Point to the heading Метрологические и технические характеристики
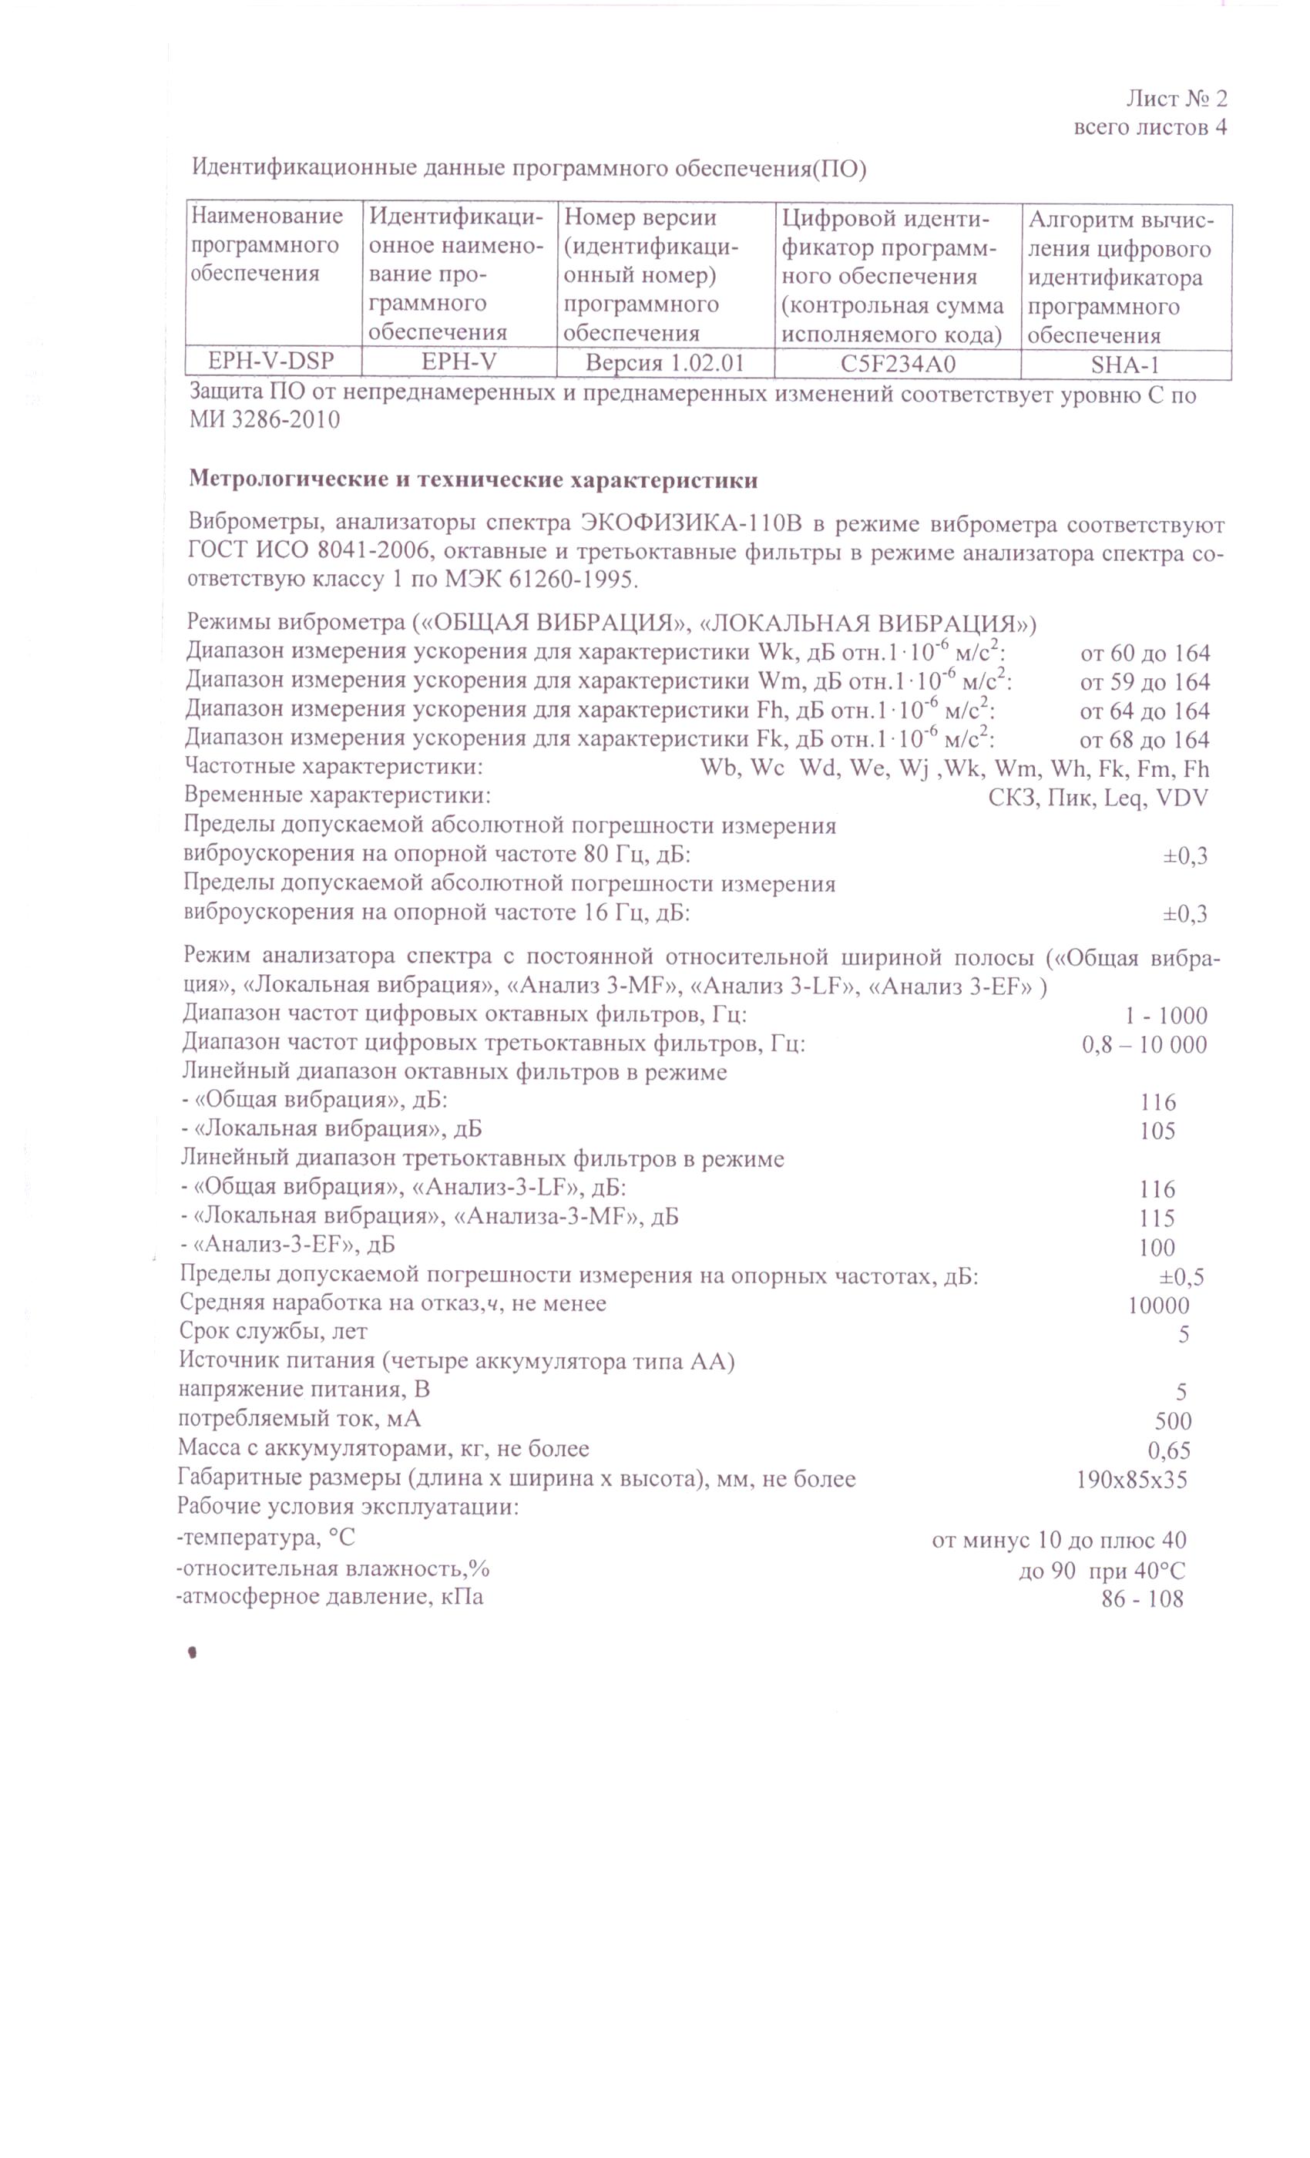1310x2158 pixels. click(473, 480)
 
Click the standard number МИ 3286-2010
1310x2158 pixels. click(264, 420)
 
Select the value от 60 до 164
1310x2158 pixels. click(1144, 653)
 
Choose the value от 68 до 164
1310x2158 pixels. click(1144, 739)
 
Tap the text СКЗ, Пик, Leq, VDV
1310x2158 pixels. click(1097, 797)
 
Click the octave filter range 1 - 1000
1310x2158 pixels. click(1165, 1015)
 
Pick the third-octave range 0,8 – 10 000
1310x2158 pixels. click(1144, 1044)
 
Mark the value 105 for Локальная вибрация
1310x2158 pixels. click(1157, 1131)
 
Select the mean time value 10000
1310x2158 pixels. click(1157, 1305)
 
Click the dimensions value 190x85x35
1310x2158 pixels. click(1130, 1479)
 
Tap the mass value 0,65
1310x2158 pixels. click(1168, 1450)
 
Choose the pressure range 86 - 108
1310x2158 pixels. click(1141, 1598)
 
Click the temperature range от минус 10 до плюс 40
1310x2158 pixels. click(1058, 1540)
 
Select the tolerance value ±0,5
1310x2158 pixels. click(1181, 1276)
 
